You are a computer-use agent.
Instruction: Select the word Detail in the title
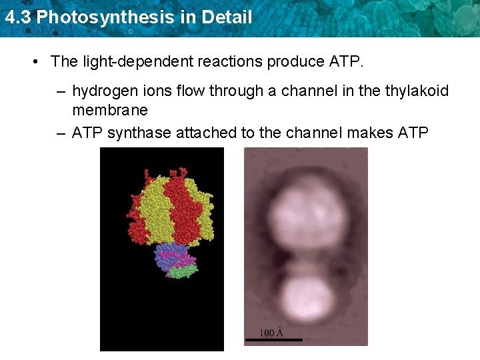229,17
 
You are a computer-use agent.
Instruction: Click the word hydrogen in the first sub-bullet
102,91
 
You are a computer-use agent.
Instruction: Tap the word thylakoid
416,91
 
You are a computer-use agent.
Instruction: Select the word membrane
110,110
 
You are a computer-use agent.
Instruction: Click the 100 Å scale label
271,331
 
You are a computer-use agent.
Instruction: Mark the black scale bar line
273,340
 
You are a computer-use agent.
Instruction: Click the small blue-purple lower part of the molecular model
170,256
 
